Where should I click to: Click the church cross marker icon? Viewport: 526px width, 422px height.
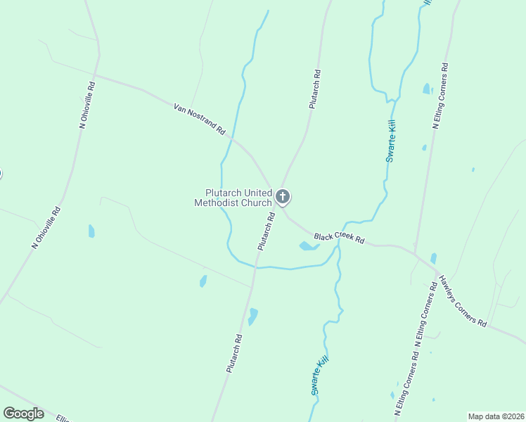click(x=283, y=196)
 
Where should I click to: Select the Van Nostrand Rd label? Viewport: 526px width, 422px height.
click(x=199, y=120)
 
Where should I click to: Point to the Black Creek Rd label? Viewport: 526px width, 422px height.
click(x=339, y=238)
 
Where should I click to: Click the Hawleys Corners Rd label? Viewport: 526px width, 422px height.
click(x=462, y=300)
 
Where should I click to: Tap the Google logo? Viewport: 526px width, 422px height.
click(x=24, y=414)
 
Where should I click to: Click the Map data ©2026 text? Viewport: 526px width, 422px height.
click(x=496, y=416)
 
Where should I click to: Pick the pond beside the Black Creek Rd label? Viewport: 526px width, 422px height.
click(x=307, y=246)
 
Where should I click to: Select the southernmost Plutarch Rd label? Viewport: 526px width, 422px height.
click(x=235, y=353)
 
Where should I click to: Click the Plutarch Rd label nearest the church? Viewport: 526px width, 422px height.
click(x=265, y=233)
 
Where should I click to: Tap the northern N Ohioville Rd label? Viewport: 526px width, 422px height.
click(x=87, y=105)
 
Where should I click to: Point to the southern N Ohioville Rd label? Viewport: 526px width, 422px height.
click(x=46, y=227)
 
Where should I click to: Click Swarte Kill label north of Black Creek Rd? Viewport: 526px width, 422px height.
click(x=392, y=141)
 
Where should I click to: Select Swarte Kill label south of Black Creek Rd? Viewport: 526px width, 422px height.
click(x=319, y=376)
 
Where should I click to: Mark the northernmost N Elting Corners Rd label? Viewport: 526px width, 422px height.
click(x=440, y=96)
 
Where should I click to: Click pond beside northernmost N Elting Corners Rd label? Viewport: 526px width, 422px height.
click(x=427, y=89)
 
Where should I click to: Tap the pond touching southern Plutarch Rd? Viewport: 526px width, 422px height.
click(x=252, y=316)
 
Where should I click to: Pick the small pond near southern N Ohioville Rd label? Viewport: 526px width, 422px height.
click(x=91, y=231)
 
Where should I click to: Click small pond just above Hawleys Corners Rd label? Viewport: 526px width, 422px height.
click(x=433, y=258)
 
